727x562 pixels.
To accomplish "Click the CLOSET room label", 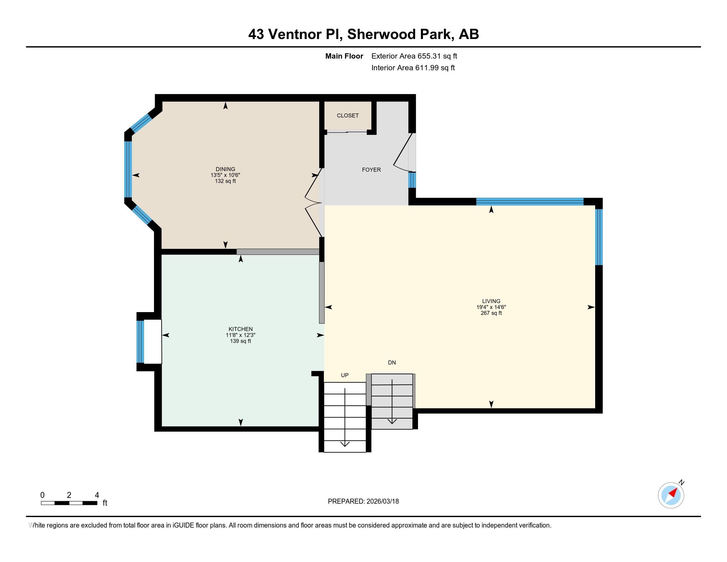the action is pos(348,115).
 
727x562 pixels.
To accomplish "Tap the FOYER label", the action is pos(371,170).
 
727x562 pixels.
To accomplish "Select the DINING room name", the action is pos(225,169).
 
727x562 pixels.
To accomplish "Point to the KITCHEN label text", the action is pos(240,329).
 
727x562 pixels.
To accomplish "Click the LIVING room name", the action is pos(491,301).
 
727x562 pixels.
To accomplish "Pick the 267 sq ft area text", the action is pos(491,313).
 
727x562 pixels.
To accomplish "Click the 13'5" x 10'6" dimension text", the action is pos(225,175).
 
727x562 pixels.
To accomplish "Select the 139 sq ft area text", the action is pos(240,341).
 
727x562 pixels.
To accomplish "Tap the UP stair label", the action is pos(345,375).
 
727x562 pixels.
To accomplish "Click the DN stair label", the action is pos(392,363).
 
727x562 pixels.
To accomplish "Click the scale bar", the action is pos(69,503).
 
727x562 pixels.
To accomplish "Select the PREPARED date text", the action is pos(363,501).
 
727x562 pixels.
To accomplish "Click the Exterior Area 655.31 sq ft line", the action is pos(414,56).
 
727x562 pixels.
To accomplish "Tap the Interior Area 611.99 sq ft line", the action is pos(413,68).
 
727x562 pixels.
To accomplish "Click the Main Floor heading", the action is pos(344,56).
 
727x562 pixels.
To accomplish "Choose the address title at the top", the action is pos(363,34).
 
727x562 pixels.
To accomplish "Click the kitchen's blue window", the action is pos(140,341).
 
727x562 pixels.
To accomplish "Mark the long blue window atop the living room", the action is pos(530,201).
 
